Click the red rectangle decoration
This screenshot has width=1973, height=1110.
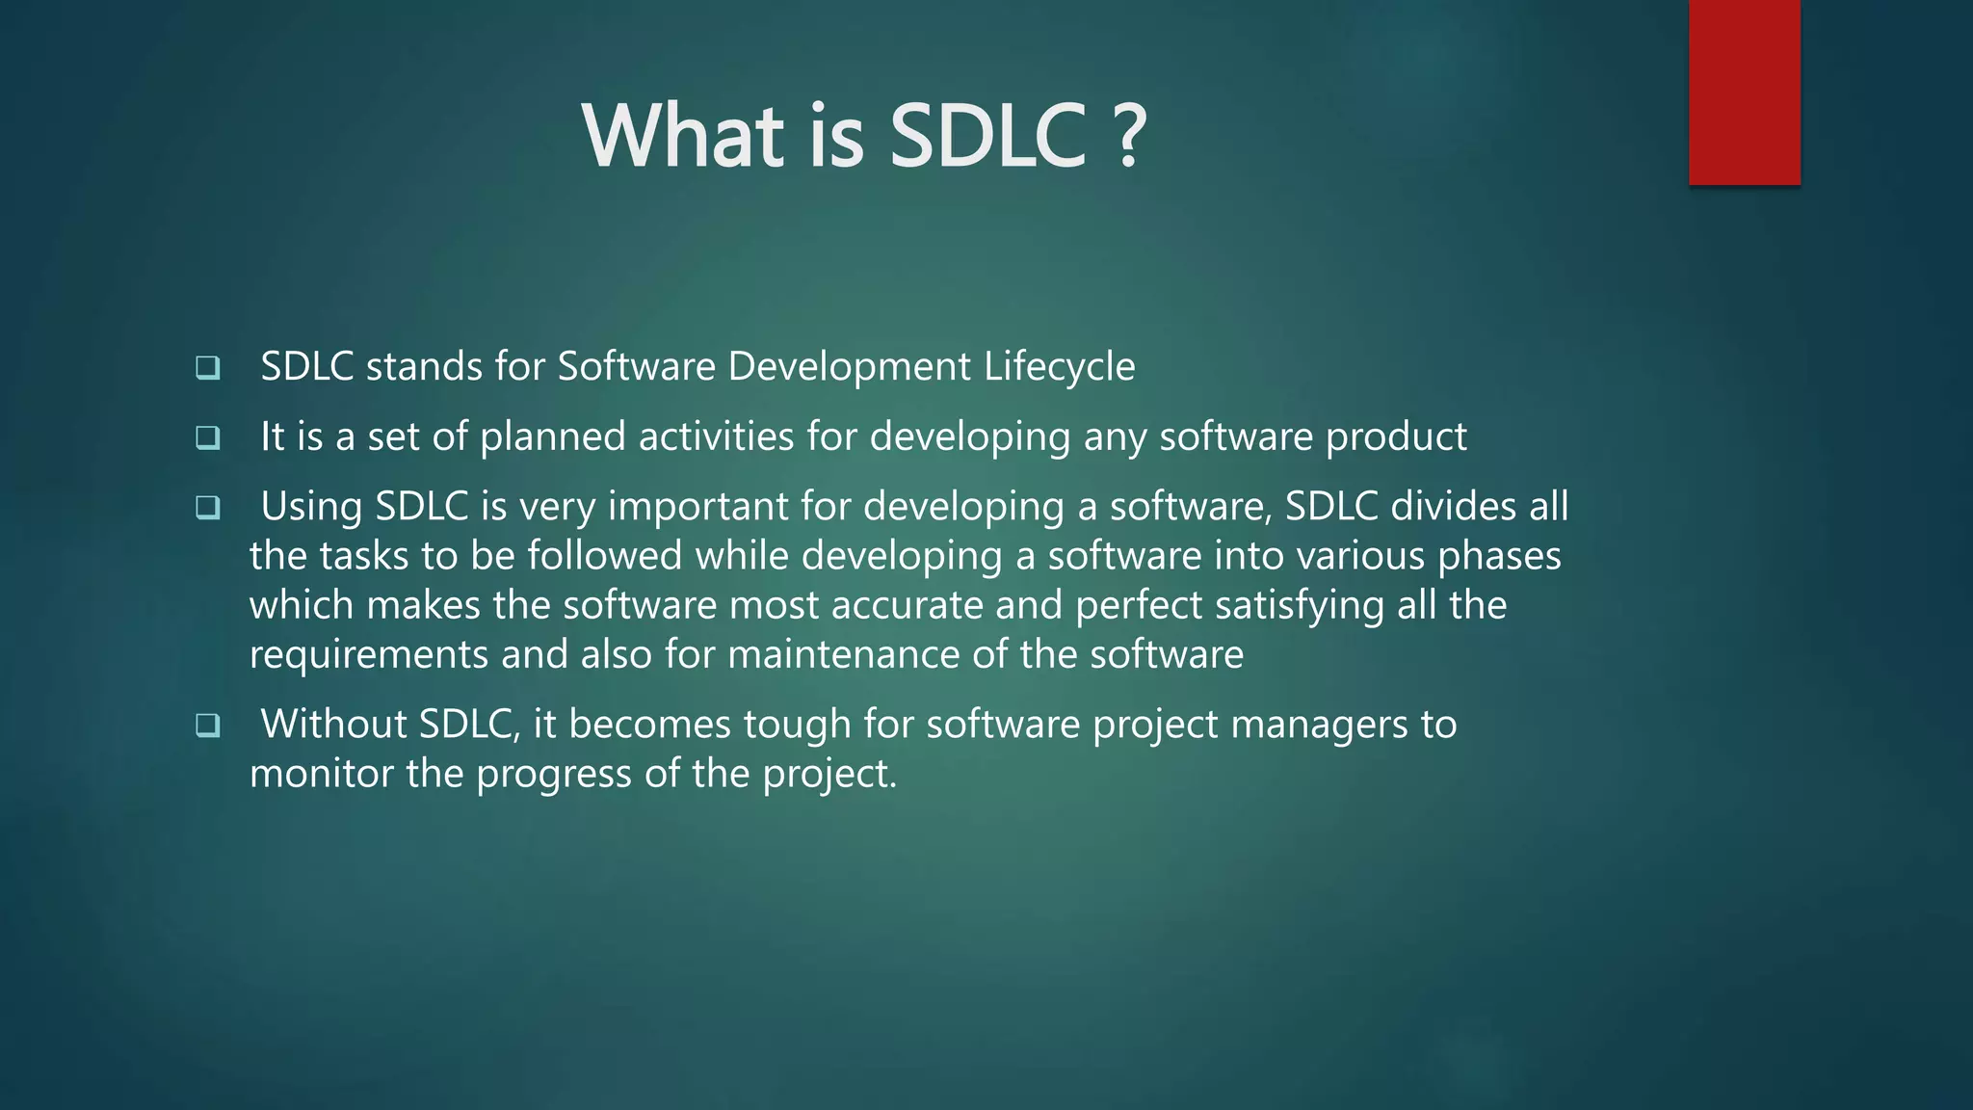[x=1744, y=92]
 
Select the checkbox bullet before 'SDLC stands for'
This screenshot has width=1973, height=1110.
[x=207, y=367]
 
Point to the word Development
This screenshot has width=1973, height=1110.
[x=849, y=367]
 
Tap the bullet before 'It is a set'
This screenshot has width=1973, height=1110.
[x=207, y=437]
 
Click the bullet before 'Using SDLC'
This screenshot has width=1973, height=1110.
[x=207, y=507]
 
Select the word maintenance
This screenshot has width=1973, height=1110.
[x=843, y=655]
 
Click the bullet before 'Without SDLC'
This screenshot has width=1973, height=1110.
[x=207, y=725]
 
